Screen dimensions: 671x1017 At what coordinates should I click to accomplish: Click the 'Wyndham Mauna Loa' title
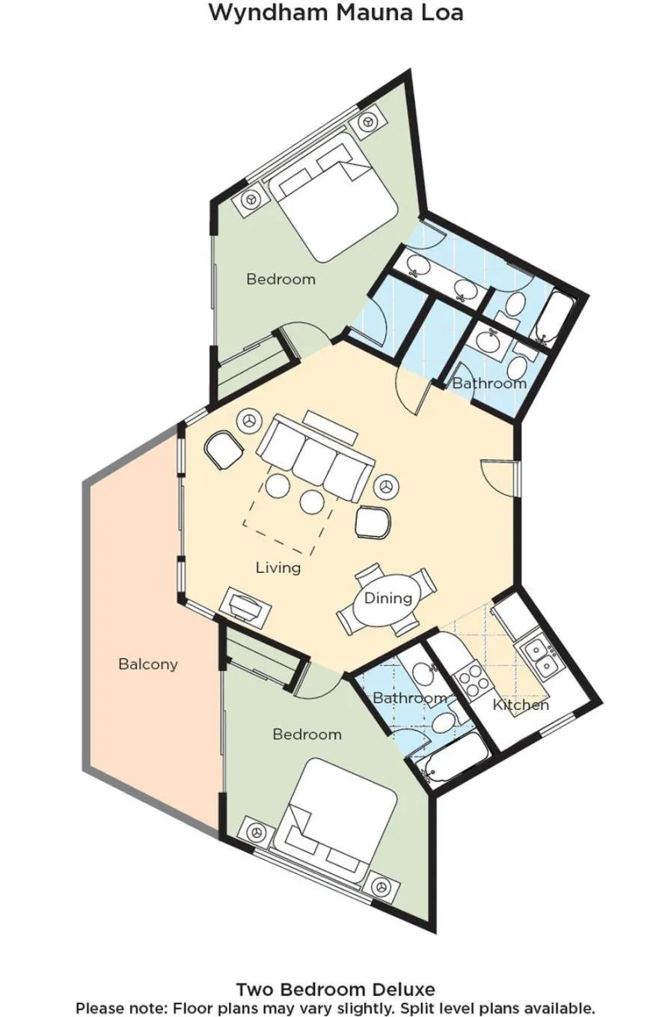point(336,12)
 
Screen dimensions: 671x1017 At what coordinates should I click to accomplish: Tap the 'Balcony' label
point(148,664)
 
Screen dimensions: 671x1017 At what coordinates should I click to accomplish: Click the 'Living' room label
point(278,568)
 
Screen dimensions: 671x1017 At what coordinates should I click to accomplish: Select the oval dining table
point(388,598)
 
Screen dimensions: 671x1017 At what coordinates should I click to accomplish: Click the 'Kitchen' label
point(521,705)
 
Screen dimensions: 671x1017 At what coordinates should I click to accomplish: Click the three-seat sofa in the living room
point(316,458)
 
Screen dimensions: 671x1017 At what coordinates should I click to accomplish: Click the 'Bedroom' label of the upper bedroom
point(281,279)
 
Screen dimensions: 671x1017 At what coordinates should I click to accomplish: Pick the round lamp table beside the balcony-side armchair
point(250,421)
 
